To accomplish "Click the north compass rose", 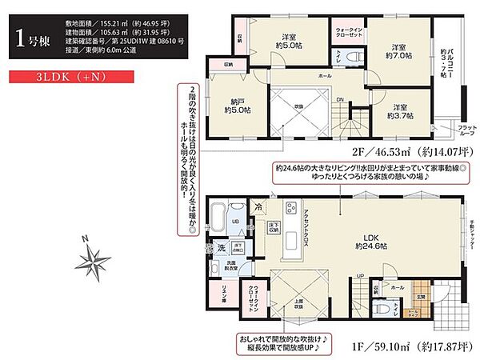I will click(94, 260).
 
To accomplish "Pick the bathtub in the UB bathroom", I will click(222, 216).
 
